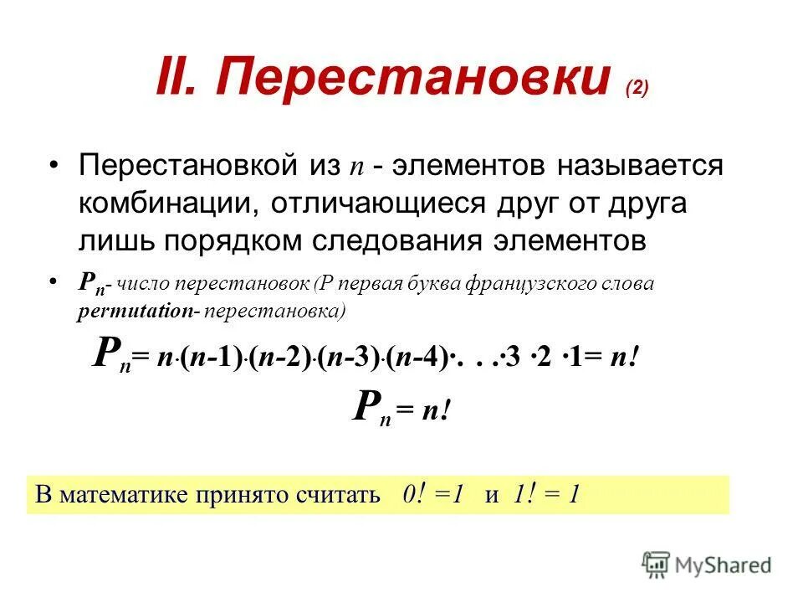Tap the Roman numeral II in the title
[176, 80]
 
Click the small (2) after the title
[635, 90]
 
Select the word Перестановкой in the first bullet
[185, 165]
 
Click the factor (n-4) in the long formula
[417, 356]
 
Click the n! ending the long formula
[625, 356]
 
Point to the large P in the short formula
[365, 409]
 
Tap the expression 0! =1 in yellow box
[432, 494]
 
